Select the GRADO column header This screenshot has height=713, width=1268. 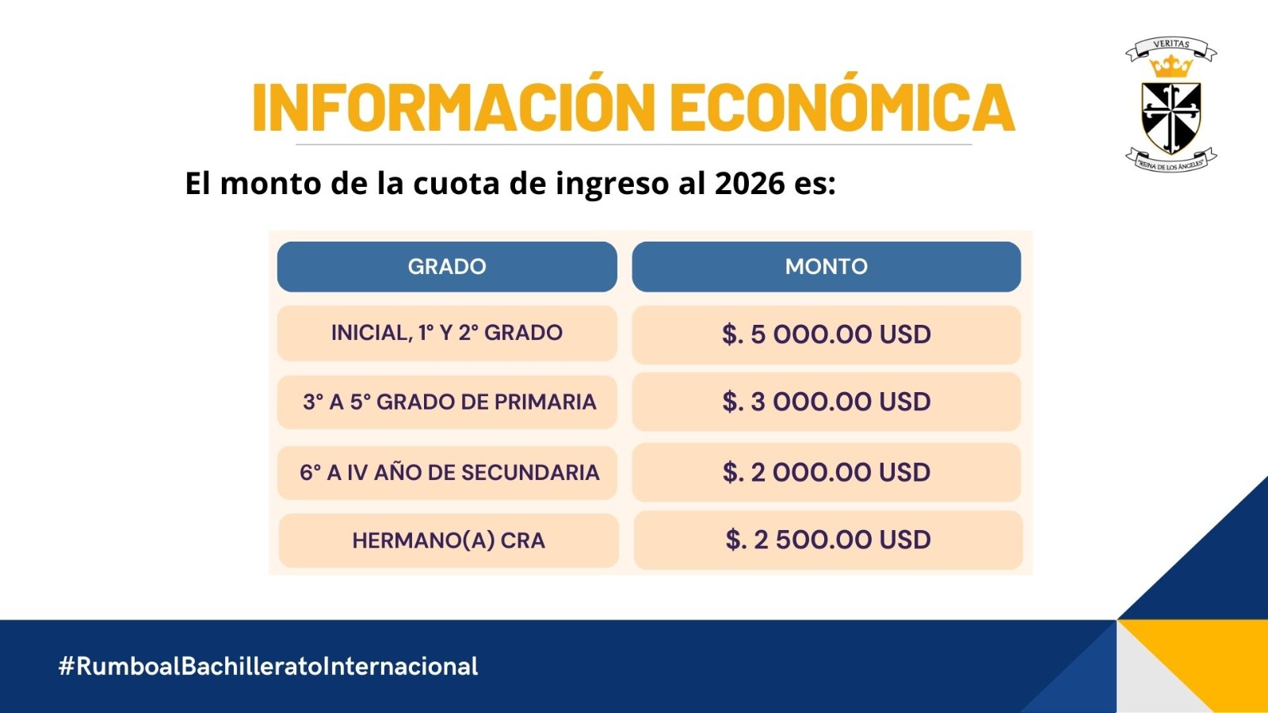coord(447,266)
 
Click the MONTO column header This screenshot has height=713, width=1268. coord(827,266)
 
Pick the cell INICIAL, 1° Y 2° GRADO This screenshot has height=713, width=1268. coord(447,334)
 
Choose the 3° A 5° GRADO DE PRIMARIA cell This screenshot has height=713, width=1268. coord(447,402)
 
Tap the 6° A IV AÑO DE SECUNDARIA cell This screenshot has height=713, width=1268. coord(447,472)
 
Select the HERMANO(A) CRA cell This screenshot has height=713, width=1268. coord(449,540)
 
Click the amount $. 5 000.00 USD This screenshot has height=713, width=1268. coord(827,334)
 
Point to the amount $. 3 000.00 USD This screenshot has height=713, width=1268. coord(827,402)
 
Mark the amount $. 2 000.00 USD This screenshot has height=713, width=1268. coord(827,472)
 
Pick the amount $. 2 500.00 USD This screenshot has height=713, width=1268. coord(828,540)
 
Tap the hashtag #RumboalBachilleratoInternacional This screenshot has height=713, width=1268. coord(269,666)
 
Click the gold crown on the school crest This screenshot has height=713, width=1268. coord(1171,67)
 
